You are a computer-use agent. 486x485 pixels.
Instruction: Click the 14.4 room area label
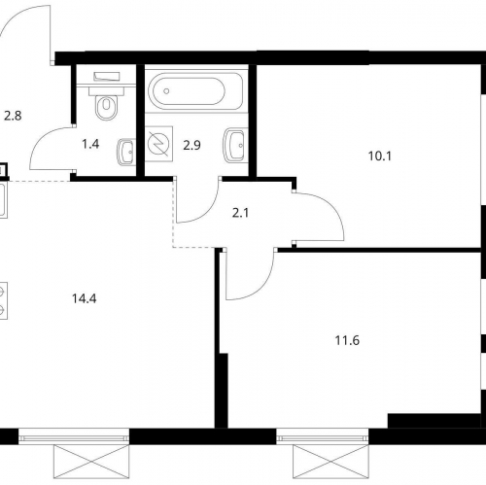(85, 298)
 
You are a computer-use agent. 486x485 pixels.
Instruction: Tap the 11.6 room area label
(347, 341)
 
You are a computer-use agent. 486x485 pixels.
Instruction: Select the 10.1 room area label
(380, 156)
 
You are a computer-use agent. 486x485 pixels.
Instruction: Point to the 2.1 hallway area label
(241, 213)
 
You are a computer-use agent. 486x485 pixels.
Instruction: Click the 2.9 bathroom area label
(191, 146)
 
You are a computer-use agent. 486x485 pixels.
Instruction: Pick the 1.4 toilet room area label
(90, 144)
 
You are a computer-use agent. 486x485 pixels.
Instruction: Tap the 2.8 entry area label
(13, 116)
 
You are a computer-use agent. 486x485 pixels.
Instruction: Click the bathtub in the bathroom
(195, 91)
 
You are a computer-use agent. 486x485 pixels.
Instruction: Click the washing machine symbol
(158, 144)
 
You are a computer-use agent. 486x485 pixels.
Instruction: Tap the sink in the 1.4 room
(125, 153)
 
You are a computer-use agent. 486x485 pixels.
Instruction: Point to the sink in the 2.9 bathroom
(234, 145)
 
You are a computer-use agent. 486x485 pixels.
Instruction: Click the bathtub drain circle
(166, 91)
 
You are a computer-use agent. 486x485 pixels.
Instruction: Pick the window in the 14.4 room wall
(74, 437)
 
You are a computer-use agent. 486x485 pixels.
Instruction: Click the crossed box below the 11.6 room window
(330, 462)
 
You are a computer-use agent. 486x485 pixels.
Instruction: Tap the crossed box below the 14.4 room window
(91, 462)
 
